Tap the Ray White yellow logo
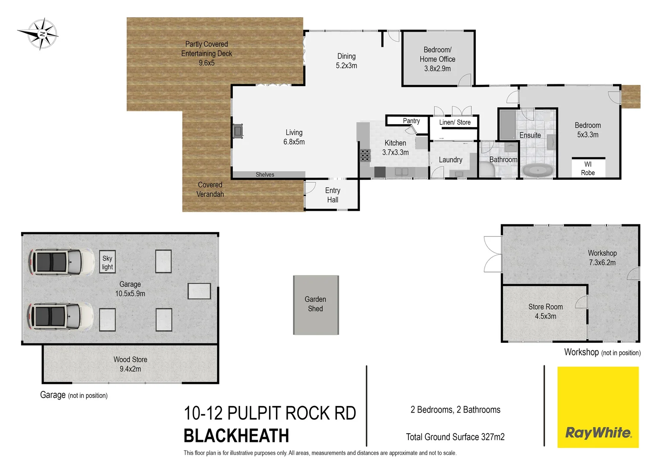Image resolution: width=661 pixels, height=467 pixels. (598, 407)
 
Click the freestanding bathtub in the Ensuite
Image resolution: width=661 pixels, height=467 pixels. (538, 170)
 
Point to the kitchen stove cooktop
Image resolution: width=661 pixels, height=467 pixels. (365, 155)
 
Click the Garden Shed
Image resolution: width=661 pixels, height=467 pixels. (316, 304)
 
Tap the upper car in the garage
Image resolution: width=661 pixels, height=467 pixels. (61, 262)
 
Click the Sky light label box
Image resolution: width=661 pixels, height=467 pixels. (107, 262)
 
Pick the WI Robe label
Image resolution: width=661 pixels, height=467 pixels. (587, 169)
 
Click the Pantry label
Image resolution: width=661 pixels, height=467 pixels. (411, 121)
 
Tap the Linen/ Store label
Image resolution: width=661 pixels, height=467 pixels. (455, 122)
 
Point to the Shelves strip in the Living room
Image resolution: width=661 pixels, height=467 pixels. (265, 175)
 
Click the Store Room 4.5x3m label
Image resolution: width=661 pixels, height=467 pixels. (545, 311)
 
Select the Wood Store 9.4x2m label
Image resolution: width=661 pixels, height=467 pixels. (130, 364)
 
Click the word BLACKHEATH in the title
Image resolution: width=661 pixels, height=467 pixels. (236, 436)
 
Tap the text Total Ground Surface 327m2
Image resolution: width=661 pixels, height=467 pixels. (455, 437)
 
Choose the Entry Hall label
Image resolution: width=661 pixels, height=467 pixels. (333, 195)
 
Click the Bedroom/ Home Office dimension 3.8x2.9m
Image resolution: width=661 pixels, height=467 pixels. (437, 69)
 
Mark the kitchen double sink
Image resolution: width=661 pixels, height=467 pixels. (401, 172)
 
